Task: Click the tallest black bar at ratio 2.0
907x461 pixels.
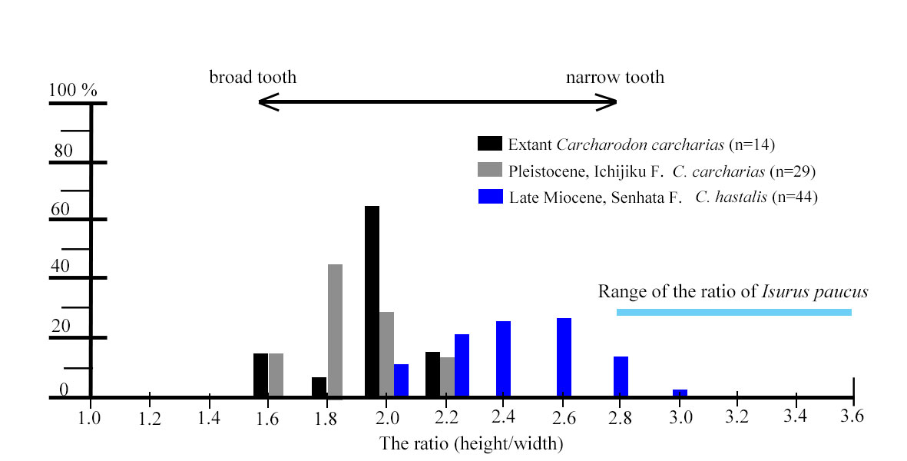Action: click(372, 301)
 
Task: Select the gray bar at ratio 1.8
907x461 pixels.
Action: click(335, 330)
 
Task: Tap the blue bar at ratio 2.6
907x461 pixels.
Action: click(564, 357)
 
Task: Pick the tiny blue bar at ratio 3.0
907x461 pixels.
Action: click(680, 393)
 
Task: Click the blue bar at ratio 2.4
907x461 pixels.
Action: click(504, 359)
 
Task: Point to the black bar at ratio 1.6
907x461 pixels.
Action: click(260, 375)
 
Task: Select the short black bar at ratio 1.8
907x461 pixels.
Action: click(319, 387)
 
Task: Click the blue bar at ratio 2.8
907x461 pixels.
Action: click(621, 376)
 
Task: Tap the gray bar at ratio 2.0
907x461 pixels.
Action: click(386, 354)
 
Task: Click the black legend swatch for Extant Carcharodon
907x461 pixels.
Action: click(490, 144)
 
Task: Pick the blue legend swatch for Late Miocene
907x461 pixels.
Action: click(490, 197)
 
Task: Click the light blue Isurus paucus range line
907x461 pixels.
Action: click(733, 312)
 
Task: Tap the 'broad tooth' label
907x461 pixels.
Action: click(253, 78)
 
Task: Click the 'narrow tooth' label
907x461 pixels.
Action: click(614, 78)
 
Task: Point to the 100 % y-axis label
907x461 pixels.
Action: click(73, 91)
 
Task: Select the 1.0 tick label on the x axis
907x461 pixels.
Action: click(90, 418)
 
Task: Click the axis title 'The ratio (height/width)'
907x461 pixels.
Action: click(471, 443)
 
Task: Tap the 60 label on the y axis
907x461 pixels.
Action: click(60, 209)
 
